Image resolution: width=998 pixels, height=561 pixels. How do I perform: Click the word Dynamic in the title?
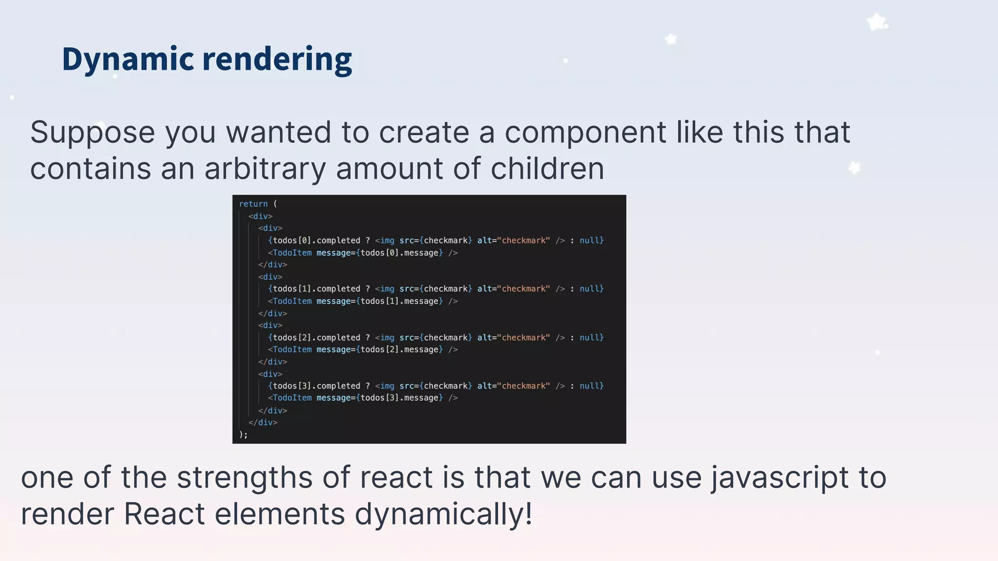point(128,59)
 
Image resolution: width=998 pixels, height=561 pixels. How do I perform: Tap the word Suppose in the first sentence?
point(93,132)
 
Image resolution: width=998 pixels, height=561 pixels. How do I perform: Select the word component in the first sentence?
point(585,132)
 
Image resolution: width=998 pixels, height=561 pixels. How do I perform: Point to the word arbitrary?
point(265,168)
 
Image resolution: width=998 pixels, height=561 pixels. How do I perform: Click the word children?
point(547,168)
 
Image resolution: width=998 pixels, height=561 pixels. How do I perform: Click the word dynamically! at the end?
point(443,514)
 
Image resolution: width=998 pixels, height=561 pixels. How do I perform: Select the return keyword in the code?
point(253,204)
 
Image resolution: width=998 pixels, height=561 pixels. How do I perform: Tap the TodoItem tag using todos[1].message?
point(292,301)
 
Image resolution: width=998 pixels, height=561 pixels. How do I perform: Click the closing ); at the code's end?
point(244,435)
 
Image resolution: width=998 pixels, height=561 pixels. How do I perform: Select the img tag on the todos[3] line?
point(387,386)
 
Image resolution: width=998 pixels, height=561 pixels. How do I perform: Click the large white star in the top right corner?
point(877,22)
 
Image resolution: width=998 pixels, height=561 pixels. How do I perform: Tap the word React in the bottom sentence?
point(164,514)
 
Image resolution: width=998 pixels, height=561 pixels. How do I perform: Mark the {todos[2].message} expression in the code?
point(400,350)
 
